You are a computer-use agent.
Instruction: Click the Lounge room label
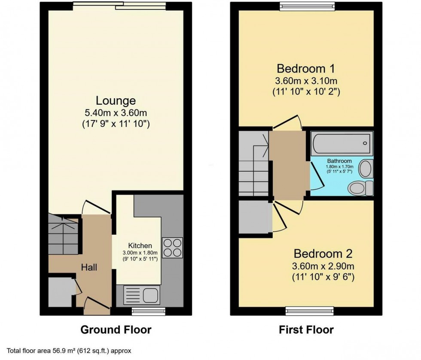tap(116, 101)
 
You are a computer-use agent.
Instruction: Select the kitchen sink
tap(141, 295)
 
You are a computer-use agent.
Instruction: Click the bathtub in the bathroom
tap(342, 143)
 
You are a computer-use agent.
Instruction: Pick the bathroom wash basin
tap(366, 168)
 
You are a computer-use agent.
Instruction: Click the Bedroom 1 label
tap(306, 69)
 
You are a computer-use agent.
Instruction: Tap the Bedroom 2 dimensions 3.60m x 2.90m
tap(323, 265)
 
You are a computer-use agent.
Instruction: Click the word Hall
tap(89, 268)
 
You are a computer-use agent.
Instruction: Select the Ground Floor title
tap(116, 330)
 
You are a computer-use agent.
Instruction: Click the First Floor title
tap(306, 330)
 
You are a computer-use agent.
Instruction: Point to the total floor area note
tap(69, 350)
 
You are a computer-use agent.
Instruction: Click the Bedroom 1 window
tap(306, 5)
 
